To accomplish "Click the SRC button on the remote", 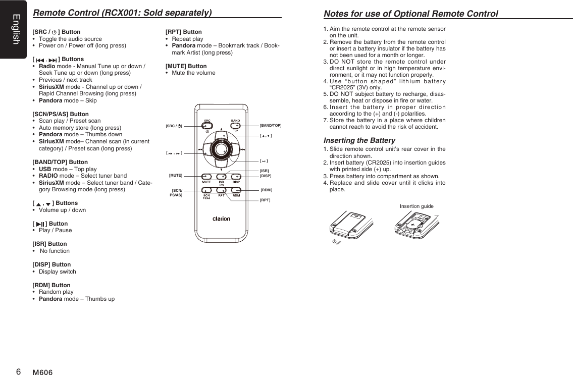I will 207,126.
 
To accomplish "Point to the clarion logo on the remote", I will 221,219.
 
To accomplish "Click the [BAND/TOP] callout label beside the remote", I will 270,125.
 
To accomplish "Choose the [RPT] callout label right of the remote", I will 265,200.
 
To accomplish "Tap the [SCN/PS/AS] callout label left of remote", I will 176,192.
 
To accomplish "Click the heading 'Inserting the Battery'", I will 359,140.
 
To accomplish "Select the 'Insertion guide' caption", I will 416,206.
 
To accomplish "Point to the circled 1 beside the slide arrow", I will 334,242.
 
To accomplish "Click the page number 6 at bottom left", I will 18,371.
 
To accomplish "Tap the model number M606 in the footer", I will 42,372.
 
